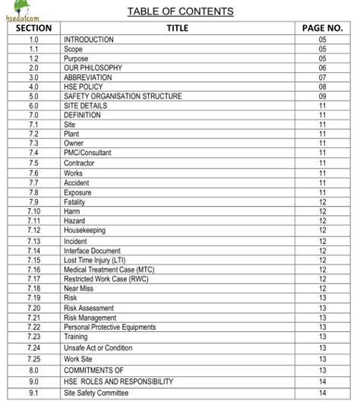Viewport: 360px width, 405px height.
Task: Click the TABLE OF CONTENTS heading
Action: pos(180,11)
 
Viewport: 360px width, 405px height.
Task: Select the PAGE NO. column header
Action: pos(322,28)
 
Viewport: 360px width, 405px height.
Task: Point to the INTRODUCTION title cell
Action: pos(89,40)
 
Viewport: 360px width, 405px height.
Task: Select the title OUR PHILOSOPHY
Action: pos(93,68)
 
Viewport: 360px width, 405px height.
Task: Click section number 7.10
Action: pos(33,211)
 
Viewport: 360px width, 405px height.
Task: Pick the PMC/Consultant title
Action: pos(87,153)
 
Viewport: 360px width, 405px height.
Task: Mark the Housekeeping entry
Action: pos(84,230)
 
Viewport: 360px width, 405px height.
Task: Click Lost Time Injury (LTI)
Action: pos(96,260)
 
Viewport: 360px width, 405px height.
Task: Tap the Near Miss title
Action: pos(79,289)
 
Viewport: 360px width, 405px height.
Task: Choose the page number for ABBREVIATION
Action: pos(322,78)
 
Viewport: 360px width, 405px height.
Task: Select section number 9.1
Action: pos(33,393)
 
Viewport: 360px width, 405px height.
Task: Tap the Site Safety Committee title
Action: pos(96,393)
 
